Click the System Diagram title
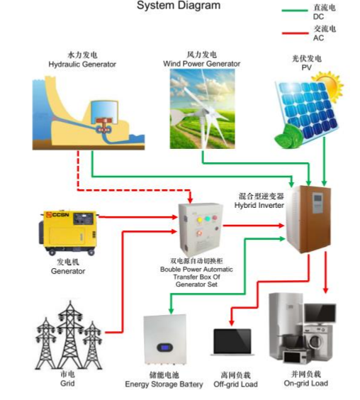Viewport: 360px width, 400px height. [x=179, y=6]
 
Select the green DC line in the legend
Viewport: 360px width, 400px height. [x=295, y=11]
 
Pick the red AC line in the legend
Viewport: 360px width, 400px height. [x=295, y=33]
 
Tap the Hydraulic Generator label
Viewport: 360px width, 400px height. [x=82, y=65]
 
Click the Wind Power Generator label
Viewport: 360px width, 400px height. [x=202, y=64]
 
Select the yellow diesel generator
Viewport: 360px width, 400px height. [x=68, y=233]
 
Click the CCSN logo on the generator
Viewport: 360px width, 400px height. [x=58, y=215]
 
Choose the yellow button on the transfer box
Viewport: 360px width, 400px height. [x=200, y=219]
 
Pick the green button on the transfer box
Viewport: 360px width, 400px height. [x=208, y=218]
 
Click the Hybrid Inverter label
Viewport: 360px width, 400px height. [x=259, y=206]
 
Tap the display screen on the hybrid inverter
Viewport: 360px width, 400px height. [x=317, y=197]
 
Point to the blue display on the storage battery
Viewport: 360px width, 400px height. [x=164, y=348]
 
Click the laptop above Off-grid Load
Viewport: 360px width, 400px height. [x=232, y=342]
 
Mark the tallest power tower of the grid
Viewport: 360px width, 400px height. [x=70, y=334]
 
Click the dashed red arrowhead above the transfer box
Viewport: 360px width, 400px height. [x=190, y=200]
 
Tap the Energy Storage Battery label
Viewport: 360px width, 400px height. [x=164, y=384]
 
